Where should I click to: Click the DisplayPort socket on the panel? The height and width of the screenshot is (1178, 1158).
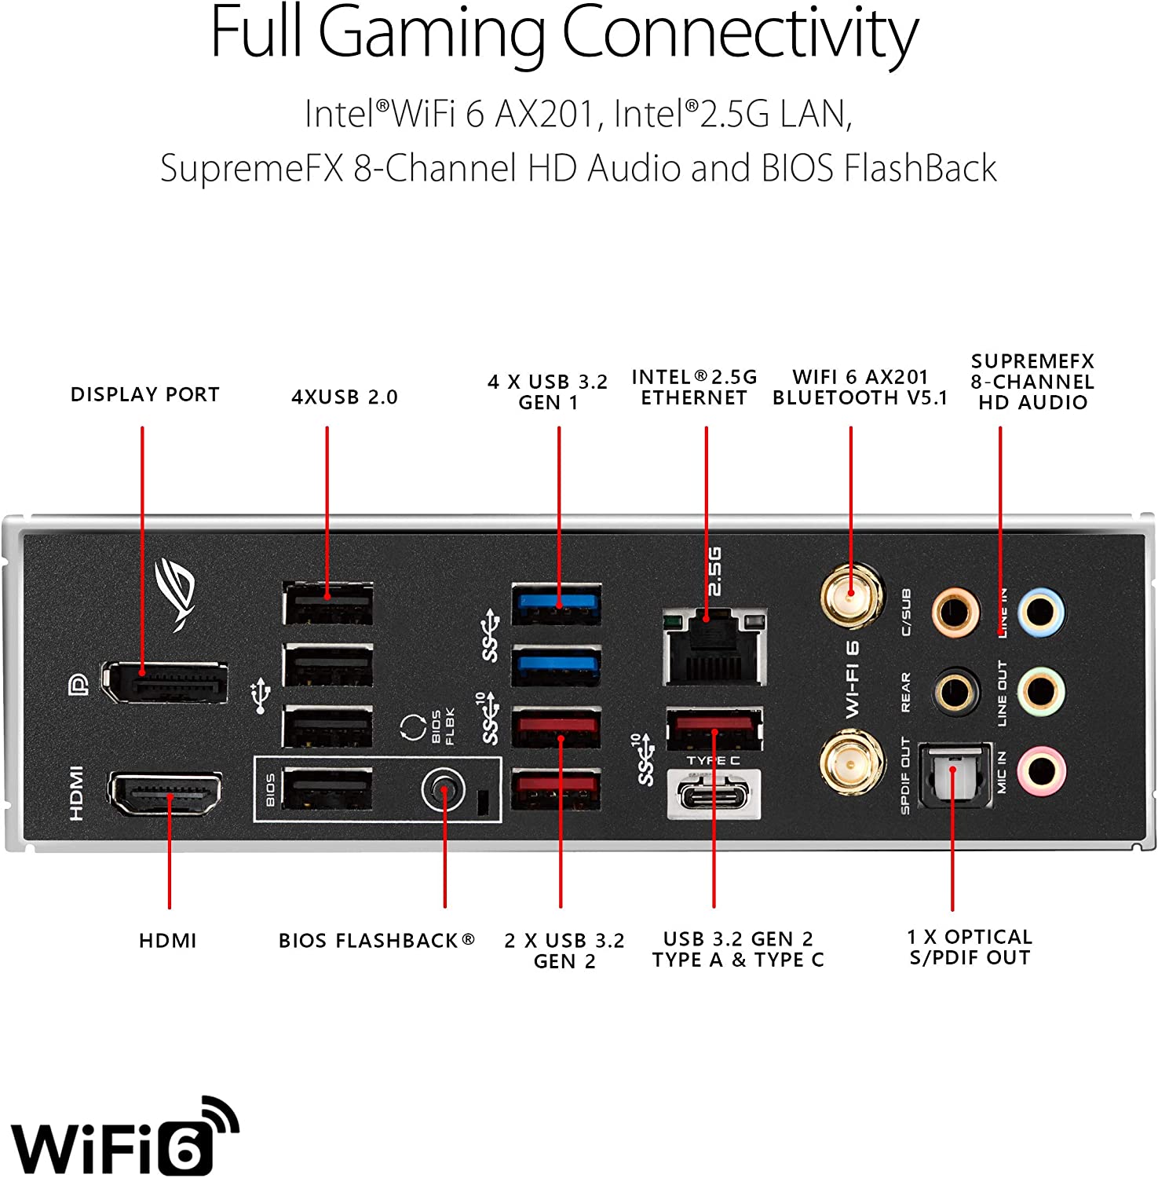coord(166,682)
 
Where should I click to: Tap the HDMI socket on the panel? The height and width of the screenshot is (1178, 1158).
coord(165,794)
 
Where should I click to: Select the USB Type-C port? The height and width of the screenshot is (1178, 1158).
coord(714,794)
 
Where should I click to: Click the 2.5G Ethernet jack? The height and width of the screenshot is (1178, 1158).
coord(714,646)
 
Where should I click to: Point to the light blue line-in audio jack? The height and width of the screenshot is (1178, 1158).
coord(1040,612)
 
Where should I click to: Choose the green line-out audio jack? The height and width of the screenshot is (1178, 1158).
coord(1040,692)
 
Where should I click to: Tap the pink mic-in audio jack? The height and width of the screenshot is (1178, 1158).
coord(1040,769)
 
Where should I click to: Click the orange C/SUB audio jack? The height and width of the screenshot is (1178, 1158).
coord(955,612)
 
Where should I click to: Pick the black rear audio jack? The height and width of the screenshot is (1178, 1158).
coord(955,692)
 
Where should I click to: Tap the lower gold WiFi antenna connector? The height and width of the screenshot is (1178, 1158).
coord(851,762)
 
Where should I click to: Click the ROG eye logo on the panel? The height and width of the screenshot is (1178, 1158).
coord(176,593)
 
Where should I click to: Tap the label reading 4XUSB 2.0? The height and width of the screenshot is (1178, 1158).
coord(345,397)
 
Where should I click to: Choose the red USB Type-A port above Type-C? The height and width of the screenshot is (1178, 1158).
coord(714,727)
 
